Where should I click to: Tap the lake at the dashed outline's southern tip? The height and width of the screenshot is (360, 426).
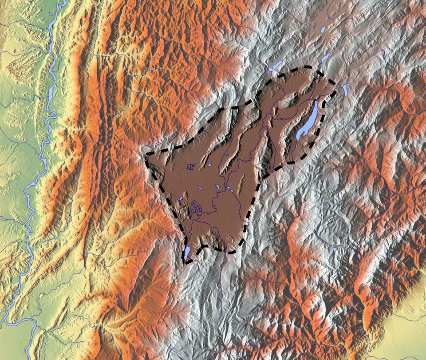[187, 253]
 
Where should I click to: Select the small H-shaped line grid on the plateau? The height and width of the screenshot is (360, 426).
[191, 167]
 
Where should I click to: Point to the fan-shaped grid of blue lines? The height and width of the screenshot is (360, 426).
[197, 207]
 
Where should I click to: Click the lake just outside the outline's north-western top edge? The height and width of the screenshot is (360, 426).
[275, 67]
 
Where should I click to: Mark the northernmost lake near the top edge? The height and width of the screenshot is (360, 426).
[323, 29]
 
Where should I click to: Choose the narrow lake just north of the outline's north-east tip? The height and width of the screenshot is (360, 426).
[326, 58]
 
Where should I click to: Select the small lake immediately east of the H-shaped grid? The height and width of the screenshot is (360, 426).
[209, 165]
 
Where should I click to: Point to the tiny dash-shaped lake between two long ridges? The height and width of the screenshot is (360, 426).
[226, 155]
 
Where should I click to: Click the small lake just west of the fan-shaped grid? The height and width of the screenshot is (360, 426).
[181, 198]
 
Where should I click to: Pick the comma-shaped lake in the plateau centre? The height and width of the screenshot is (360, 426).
[217, 188]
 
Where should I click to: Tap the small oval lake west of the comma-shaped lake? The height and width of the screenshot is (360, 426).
[201, 188]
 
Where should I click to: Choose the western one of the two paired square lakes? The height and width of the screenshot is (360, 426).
[228, 188]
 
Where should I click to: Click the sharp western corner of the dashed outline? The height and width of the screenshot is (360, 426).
[147, 154]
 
